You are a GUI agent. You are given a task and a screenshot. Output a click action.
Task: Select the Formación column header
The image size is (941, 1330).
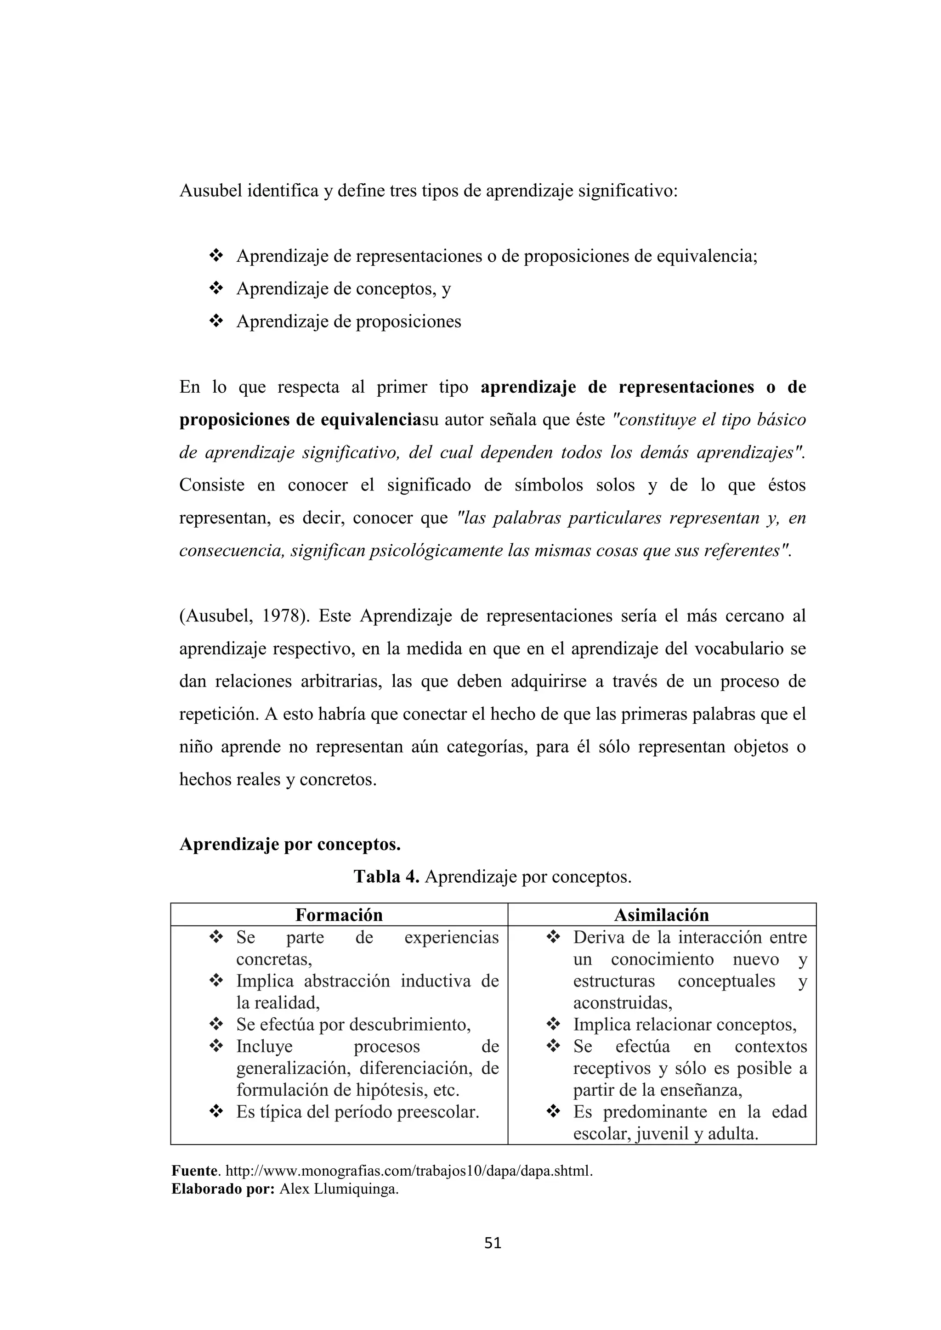[x=339, y=915]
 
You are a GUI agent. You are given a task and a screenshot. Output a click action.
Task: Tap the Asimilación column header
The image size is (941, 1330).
[x=661, y=915]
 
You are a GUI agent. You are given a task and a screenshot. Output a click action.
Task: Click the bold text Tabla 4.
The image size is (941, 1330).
[x=386, y=877]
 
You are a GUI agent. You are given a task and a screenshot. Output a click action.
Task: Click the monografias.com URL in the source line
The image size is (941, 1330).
[x=408, y=1171]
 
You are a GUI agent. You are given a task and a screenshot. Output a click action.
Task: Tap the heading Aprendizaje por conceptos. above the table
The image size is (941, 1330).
[x=290, y=845]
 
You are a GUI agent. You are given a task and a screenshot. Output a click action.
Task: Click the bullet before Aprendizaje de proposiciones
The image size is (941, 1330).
[x=216, y=321]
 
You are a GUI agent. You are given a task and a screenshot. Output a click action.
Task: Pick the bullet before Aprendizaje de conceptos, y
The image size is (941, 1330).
[x=216, y=288]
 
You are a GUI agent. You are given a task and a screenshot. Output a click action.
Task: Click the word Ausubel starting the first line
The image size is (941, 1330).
[x=210, y=191]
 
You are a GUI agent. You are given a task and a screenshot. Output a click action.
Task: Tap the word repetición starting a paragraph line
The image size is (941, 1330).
[x=218, y=714]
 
